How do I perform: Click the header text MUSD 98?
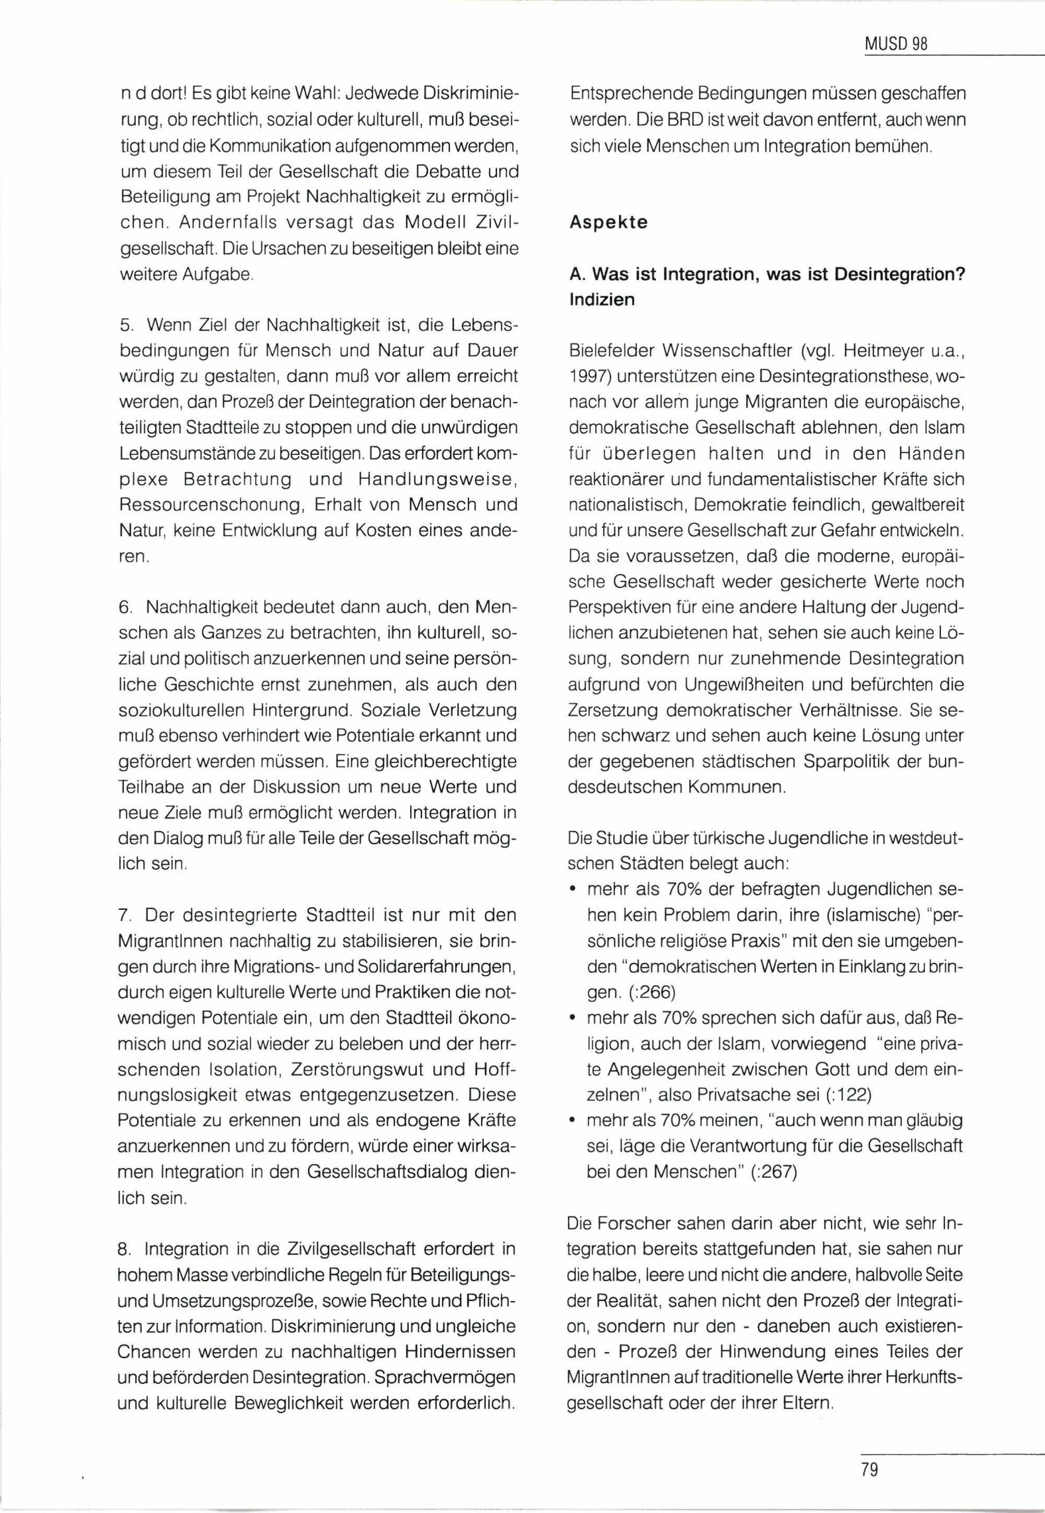[x=896, y=44]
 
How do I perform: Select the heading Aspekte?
[x=608, y=222]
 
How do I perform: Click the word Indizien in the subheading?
[x=602, y=300]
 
